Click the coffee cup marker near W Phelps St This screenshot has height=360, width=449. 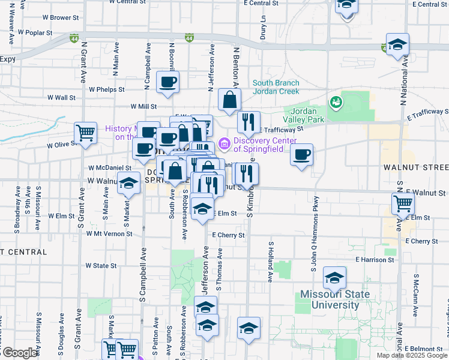pos(167,82)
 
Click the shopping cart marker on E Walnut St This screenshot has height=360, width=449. pos(403,203)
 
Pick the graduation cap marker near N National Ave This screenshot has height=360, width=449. pos(397,45)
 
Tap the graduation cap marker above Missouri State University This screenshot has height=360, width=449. pos(334,278)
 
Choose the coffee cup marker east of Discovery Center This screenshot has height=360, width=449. pos(301,155)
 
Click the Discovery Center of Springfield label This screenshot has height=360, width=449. pos(265,145)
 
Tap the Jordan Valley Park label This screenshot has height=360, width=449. pos(307,115)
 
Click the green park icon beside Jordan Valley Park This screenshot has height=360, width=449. pos(336,101)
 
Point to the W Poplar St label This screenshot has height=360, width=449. pos(35,32)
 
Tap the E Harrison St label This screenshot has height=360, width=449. pos(375,260)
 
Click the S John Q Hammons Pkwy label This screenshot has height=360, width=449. pos(314,235)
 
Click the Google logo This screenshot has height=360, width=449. pos(19,353)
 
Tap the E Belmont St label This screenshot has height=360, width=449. pos(424,349)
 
